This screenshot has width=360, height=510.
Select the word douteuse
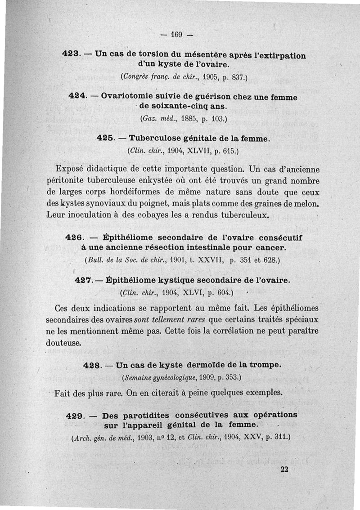(63, 343)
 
